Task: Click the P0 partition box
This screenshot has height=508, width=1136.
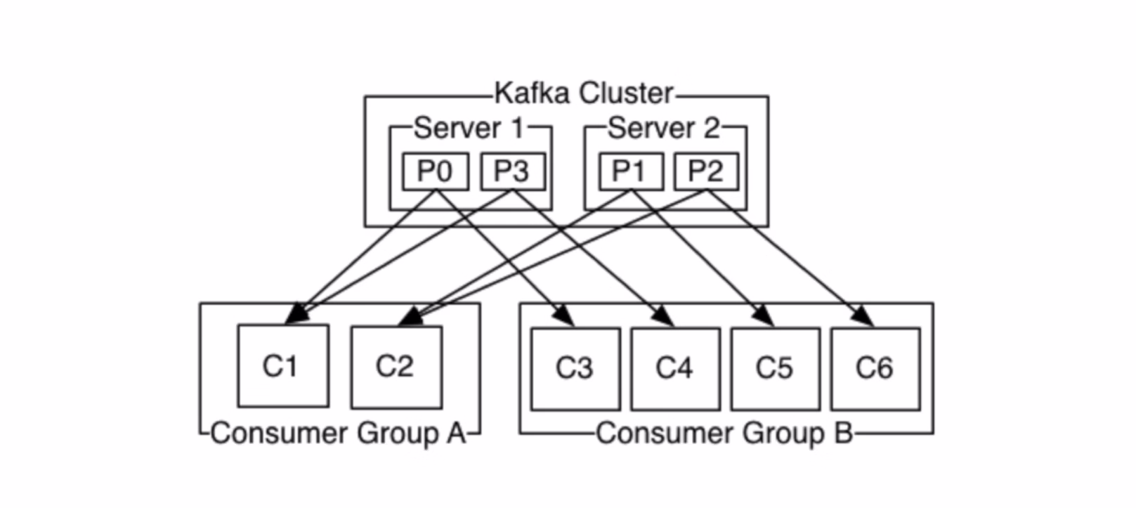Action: coord(435,171)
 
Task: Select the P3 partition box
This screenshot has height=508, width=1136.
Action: coord(512,171)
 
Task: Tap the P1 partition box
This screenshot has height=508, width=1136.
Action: coord(630,171)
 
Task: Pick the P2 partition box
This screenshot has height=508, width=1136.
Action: coord(706,171)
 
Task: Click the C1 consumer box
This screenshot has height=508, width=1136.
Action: coord(282,365)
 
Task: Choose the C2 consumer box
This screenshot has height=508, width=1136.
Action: coord(396,366)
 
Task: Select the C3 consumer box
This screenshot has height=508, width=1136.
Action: coord(575,368)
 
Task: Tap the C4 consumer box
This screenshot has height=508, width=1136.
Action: coord(675,368)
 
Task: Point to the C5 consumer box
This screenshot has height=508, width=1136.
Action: coord(775,368)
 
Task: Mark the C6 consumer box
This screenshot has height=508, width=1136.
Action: coord(875,368)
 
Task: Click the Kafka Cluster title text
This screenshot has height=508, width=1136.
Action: coord(583,93)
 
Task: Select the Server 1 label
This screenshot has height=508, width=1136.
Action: coord(469,129)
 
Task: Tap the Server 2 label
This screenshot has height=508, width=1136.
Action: coord(664,129)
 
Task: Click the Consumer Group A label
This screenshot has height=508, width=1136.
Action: coord(338,434)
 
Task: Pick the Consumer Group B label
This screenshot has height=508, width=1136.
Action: coord(724,434)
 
